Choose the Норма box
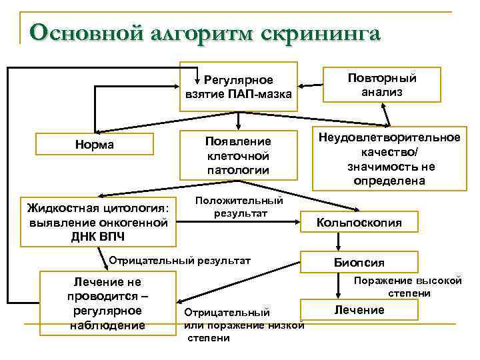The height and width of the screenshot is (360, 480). (x=95, y=145)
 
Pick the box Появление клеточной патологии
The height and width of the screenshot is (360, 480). (x=238, y=155)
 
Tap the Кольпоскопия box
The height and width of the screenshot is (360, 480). (x=359, y=223)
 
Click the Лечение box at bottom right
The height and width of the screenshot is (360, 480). (x=359, y=310)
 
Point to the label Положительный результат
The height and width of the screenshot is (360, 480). (x=239, y=207)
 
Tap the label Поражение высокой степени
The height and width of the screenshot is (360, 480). (x=408, y=287)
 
